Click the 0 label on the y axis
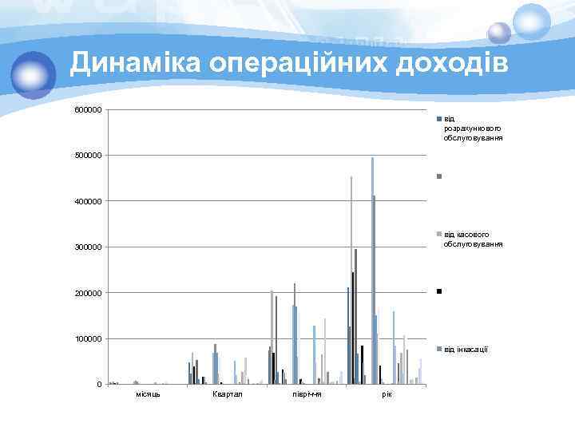point(99,386)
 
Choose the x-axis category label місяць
point(148,395)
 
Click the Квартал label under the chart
point(228,395)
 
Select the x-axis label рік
point(387,395)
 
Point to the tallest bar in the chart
point(372,271)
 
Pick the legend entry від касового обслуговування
point(473,239)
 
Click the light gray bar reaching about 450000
point(351,279)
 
